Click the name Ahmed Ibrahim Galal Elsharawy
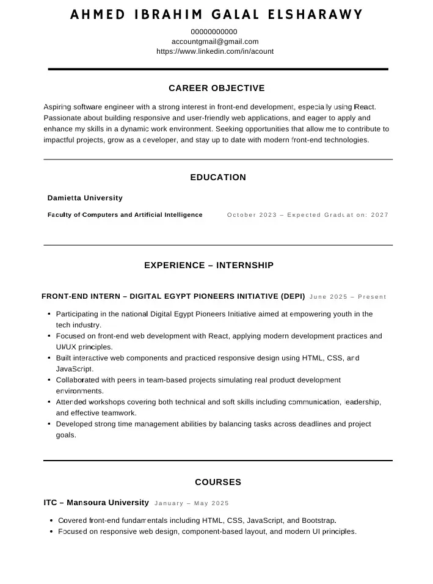click(x=216, y=15)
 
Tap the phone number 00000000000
click(x=214, y=32)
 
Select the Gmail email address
click(x=215, y=42)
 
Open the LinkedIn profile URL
click(x=215, y=51)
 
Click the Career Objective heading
click(x=217, y=88)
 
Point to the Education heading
click(x=218, y=177)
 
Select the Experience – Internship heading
click(x=209, y=265)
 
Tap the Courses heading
click(x=218, y=482)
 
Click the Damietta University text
click(x=85, y=198)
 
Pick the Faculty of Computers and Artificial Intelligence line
click(x=125, y=215)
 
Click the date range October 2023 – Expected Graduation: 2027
click(x=308, y=215)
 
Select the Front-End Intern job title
click(x=173, y=296)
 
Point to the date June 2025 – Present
click(x=348, y=297)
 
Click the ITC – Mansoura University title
click(x=96, y=503)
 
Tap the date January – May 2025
click(x=192, y=503)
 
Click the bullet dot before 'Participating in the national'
click(x=49, y=314)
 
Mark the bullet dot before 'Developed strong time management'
click(x=49, y=424)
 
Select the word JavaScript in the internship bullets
click(x=74, y=369)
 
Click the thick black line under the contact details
click(x=218, y=70)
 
